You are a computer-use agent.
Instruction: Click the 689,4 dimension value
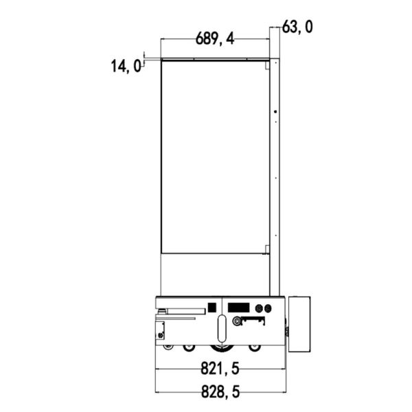[x=215, y=39]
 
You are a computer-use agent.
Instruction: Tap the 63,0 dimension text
[x=297, y=27]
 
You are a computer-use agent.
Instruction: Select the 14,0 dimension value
[x=126, y=66]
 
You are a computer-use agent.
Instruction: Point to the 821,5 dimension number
[x=220, y=368]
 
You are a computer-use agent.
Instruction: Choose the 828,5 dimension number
[x=220, y=392]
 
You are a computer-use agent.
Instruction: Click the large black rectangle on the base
[x=238, y=308]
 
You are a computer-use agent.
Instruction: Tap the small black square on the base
[x=212, y=308]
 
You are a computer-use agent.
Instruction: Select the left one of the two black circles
[x=260, y=308]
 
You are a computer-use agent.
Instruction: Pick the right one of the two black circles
[x=268, y=308]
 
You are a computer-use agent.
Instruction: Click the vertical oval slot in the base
[x=222, y=329]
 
